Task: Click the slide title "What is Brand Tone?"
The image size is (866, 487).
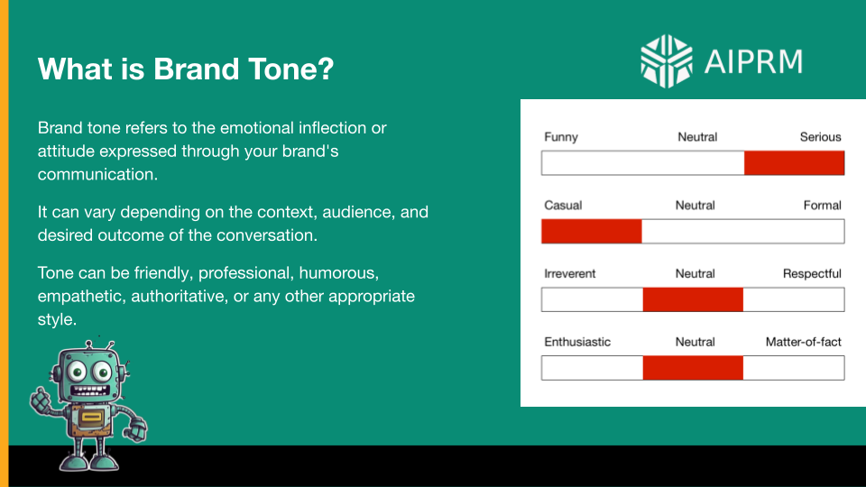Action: pos(186,69)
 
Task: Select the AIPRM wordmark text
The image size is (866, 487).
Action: pos(754,61)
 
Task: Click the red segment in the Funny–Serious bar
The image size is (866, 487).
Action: pos(794,163)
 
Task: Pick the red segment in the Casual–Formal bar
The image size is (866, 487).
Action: pos(592,232)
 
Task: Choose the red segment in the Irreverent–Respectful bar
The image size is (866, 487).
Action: pos(693,299)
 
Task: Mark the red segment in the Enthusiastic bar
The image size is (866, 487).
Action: pos(693,368)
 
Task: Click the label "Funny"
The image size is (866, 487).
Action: pos(561,137)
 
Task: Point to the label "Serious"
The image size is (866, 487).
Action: pos(820,137)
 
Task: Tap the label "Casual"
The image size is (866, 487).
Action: pos(563,206)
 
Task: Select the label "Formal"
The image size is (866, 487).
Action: pos(822,206)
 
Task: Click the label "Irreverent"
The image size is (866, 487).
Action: pos(570,273)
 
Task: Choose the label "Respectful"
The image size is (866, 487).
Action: pos(812,273)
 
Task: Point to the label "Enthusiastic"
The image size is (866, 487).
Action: pos(577,342)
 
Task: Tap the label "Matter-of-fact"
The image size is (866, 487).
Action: pos(803,342)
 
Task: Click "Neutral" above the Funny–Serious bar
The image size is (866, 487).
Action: pos(697,137)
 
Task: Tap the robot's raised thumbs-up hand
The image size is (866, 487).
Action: pos(41,398)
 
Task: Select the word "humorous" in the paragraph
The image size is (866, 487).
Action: pos(358,272)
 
